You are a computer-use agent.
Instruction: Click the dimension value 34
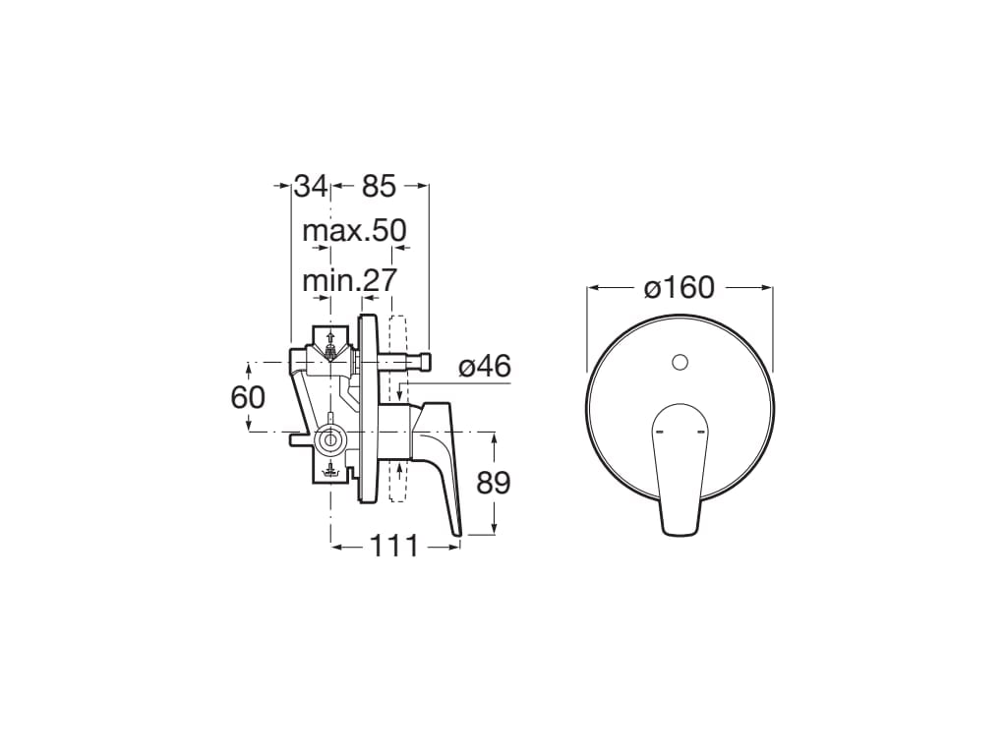(x=311, y=186)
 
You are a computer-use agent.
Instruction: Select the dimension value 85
(x=379, y=186)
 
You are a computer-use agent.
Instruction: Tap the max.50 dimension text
(x=354, y=230)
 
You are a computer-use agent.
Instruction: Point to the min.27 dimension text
(x=350, y=280)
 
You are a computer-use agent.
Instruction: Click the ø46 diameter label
(x=485, y=367)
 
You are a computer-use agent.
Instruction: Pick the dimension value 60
(x=248, y=397)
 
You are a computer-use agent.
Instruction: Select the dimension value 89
(x=494, y=483)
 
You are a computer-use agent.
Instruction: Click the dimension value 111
(x=394, y=547)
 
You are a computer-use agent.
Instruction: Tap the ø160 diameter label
(x=680, y=288)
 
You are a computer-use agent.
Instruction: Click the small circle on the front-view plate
(x=680, y=363)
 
